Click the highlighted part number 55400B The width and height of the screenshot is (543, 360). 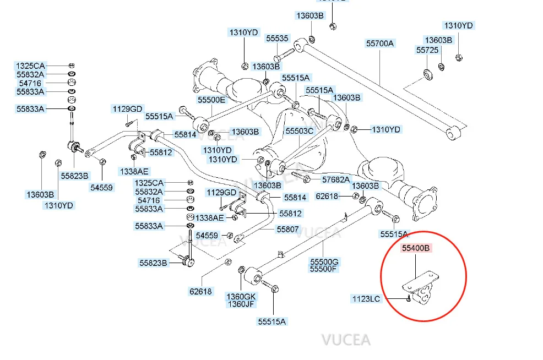[416, 248]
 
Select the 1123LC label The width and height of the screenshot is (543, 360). [366, 299]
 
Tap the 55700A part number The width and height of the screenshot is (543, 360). [381, 43]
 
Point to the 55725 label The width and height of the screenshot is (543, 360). [427, 50]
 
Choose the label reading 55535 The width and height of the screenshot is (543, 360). [277, 39]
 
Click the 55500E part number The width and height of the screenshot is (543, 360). [211, 100]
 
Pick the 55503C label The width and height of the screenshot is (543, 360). [299, 131]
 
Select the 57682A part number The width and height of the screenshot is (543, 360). [336, 179]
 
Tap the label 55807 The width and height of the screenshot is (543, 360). [287, 230]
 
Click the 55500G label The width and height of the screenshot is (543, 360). [324, 260]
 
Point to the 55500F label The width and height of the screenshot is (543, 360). [324, 269]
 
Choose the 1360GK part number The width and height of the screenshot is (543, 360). [241, 296]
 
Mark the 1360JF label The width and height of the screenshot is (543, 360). [241, 304]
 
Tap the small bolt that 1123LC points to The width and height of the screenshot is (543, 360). [407, 299]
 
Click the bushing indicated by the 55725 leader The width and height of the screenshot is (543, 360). [427, 74]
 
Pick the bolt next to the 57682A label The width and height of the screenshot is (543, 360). [301, 177]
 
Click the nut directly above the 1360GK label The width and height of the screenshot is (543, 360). [241, 270]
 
